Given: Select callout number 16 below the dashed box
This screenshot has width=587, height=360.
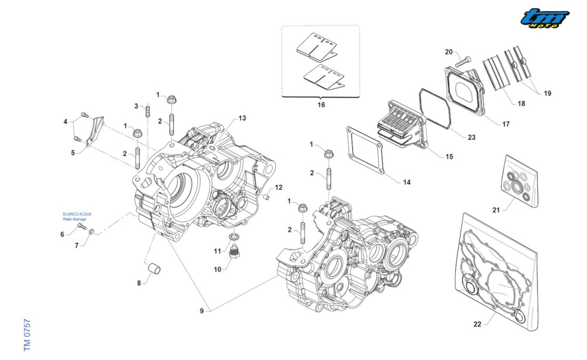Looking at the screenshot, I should (321, 105).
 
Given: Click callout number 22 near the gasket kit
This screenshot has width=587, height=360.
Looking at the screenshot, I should (477, 324).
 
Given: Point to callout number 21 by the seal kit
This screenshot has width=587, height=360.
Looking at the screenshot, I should (496, 210).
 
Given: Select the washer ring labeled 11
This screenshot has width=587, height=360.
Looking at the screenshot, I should (234, 236).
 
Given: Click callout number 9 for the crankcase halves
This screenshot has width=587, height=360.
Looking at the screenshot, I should (202, 311).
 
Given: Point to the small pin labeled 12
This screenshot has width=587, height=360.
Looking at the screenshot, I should (266, 198).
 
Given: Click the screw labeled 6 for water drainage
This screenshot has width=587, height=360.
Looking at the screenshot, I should (81, 226).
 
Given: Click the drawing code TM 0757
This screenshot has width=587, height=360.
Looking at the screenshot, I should (27, 335).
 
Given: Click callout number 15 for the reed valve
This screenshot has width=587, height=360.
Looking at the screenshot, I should (449, 156).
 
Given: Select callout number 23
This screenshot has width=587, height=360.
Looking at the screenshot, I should (471, 137).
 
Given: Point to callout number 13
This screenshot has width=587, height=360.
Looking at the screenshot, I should (242, 118).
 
